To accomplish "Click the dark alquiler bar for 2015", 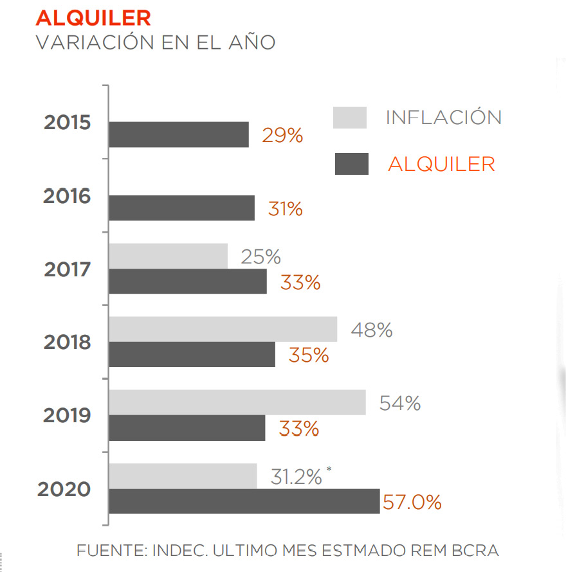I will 179,134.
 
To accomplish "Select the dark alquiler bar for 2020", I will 244,501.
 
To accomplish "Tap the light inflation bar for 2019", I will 237,402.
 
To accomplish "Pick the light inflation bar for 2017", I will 169,256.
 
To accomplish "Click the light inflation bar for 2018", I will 223,329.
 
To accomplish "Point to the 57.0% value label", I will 412,502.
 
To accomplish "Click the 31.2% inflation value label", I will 297,477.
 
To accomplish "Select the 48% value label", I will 371,330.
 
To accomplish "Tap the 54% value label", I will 399,403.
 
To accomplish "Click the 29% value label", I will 282,136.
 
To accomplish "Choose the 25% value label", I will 260,256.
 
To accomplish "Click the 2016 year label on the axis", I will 67,196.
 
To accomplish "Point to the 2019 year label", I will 67,416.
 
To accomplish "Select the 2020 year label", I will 64,489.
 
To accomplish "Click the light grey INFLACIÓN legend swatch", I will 350,118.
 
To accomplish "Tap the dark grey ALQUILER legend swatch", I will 351,164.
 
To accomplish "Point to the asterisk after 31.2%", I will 329,470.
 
